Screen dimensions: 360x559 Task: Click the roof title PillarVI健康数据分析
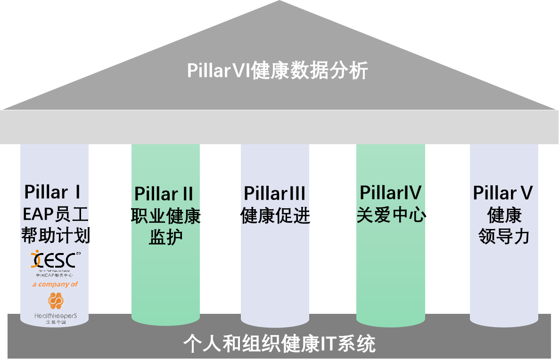pos(277,71)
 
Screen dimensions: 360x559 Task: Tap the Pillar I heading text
pos(53,192)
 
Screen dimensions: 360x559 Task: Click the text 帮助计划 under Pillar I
pos(55,235)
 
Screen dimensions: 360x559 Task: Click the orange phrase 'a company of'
pos(55,284)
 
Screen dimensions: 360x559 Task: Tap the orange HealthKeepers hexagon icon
pos(55,301)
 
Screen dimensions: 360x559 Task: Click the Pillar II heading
pos(164,194)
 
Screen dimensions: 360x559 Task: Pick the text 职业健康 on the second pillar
pos(165,216)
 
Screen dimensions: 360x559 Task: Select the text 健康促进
pos(275,215)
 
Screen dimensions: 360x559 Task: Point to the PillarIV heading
pos(391,193)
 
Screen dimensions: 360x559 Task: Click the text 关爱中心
pos(391,215)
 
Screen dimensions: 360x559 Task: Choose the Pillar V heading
pos(503,193)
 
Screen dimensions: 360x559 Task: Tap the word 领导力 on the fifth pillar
pos(504,236)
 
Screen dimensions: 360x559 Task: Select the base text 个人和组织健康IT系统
pos(279,344)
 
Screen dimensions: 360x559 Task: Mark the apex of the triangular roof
pos(279,2)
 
